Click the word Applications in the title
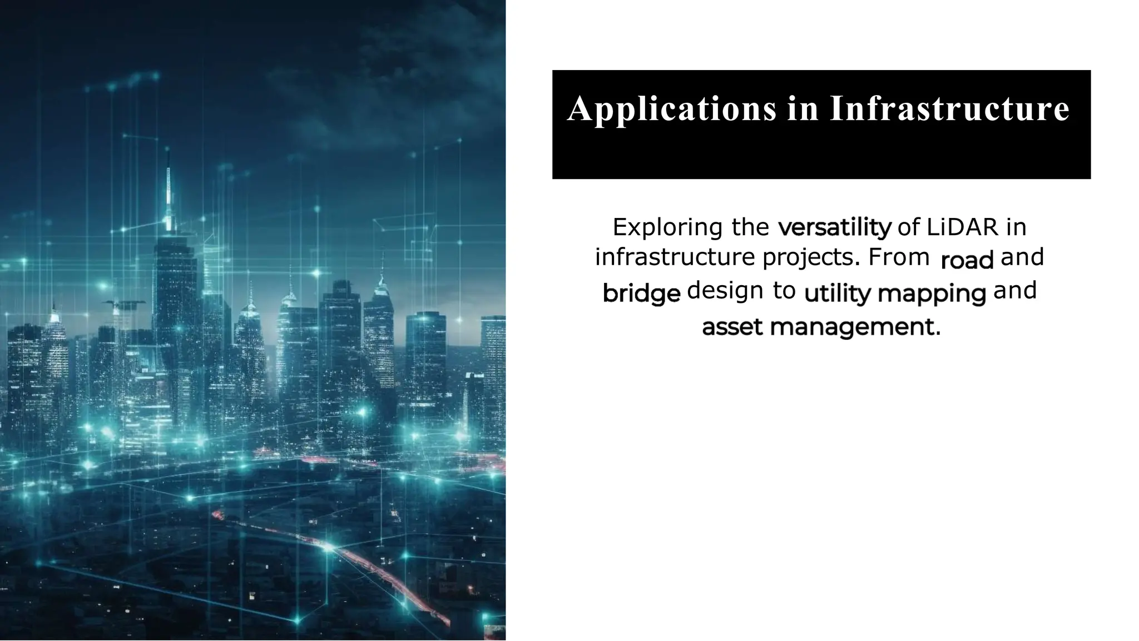pos(672,109)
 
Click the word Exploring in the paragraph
pos(667,228)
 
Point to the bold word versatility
pos(835,228)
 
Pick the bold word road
pos(967,260)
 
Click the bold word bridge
pos(641,294)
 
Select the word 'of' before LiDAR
pos(909,227)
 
